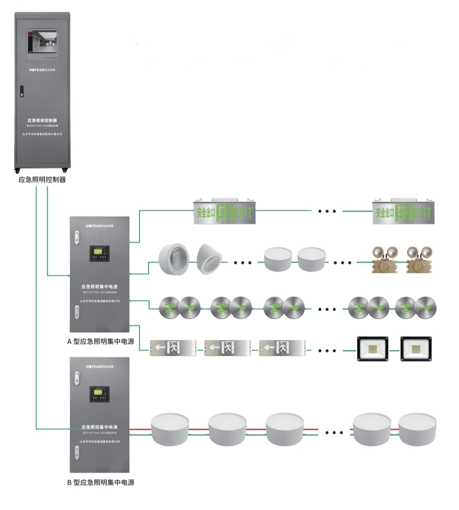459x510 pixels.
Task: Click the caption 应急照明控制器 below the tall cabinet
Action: [x=42, y=180]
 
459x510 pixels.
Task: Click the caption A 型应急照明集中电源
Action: [x=101, y=341]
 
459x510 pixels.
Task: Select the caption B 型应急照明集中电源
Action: [x=101, y=482]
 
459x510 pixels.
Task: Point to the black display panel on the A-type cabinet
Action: [x=99, y=255]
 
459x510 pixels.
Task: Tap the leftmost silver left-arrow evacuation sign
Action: [x=173, y=348]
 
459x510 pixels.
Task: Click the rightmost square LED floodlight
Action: [x=416, y=349]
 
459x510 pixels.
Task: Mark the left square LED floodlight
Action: [x=373, y=349]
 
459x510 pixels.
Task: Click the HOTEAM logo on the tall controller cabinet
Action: [x=42, y=68]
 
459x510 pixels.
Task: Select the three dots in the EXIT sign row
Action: [x=328, y=211]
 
